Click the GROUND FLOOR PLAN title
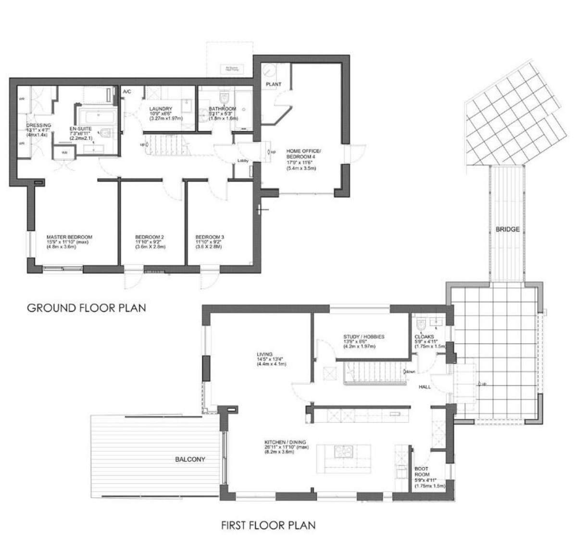tap(86, 307)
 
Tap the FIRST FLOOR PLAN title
tap(268, 524)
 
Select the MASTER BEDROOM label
tap(69, 237)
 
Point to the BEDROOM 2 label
tap(150, 237)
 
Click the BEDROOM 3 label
tap(210, 237)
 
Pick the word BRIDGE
tap(507, 229)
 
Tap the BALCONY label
tap(190, 459)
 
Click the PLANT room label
tap(274, 84)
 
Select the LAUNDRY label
tap(161, 109)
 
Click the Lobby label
tap(242, 161)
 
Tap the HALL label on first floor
tap(425, 387)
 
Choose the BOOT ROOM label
tap(422, 471)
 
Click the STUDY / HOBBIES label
tap(364, 337)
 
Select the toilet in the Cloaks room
tap(421, 323)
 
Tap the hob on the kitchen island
tap(344, 451)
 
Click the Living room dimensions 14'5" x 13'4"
tap(272, 359)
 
